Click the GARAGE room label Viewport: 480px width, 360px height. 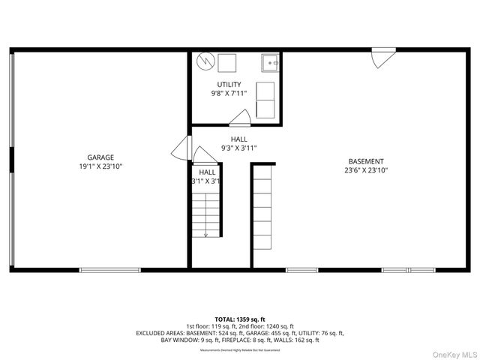coord(100,157)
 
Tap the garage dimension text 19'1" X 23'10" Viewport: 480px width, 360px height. coord(100,166)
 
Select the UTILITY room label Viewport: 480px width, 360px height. coord(229,84)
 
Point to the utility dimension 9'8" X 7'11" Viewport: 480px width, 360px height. coord(229,93)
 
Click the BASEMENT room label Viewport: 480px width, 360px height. coord(366,161)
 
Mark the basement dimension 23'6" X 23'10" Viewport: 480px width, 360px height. coord(366,170)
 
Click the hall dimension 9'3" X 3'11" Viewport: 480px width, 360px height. coord(239,148)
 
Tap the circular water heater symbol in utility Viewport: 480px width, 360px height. coord(205,61)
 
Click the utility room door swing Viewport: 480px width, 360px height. coord(241,117)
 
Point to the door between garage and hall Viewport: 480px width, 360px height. coord(181,148)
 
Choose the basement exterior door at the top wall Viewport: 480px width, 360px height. coord(383,58)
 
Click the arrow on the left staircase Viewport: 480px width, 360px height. coord(207,233)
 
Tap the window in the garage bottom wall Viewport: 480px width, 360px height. coord(109,269)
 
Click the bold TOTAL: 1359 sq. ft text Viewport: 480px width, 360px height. coord(240,319)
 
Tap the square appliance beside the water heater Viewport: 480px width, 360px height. coord(226,61)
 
